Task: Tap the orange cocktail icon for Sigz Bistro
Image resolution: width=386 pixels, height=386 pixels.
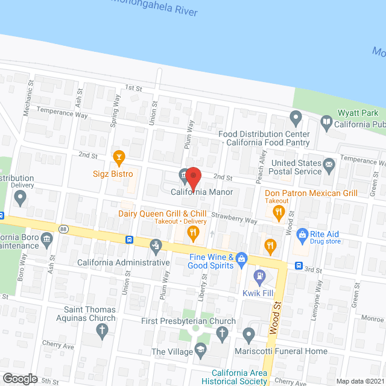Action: click(119, 158)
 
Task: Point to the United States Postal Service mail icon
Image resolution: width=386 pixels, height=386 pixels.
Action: click(329, 163)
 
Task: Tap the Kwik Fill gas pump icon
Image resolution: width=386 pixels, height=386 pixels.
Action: click(259, 277)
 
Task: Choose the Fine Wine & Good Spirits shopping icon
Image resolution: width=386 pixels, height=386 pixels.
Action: click(242, 258)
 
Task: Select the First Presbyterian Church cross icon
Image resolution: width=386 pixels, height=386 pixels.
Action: click(223, 333)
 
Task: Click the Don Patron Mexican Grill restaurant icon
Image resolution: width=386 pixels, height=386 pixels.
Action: click(278, 211)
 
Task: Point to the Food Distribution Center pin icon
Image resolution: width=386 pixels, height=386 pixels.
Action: click(295, 116)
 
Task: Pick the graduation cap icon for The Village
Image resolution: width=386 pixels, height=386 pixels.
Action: click(201, 350)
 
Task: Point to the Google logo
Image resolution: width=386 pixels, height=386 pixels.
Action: click(19, 378)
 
